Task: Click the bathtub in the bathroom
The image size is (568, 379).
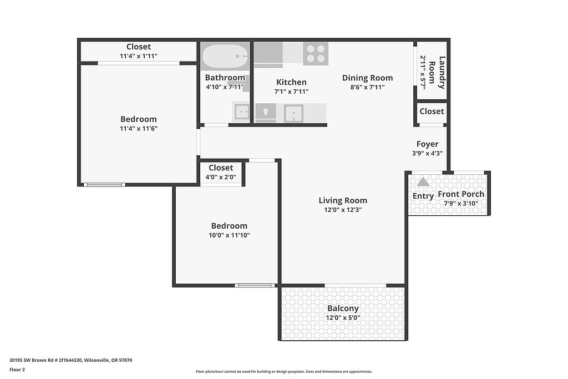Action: pos(225,56)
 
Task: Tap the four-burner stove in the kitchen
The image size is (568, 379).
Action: pos(316,54)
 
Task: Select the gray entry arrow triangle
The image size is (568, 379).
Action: pos(423,181)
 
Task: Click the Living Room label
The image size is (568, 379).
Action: pos(343,200)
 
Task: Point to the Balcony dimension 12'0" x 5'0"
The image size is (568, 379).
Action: pos(343,318)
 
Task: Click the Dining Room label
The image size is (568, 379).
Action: pos(367,78)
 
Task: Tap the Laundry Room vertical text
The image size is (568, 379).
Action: pos(437,73)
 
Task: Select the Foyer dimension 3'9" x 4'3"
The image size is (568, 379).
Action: pos(427,153)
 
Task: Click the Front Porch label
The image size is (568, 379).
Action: pos(461,194)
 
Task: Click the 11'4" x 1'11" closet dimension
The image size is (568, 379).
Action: pos(138,56)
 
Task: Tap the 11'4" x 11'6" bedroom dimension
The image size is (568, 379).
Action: pos(138,129)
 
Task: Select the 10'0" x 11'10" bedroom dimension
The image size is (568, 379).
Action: pos(229,235)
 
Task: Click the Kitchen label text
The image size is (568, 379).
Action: pos(291,82)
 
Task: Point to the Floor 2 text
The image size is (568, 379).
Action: pos(17,370)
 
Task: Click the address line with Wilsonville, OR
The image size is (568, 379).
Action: pos(70,360)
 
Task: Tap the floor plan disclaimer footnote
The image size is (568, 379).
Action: pos(283,371)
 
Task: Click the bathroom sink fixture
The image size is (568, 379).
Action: pos(242,112)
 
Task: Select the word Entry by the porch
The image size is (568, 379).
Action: pos(423,196)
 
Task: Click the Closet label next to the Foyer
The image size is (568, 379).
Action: pos(432,112)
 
